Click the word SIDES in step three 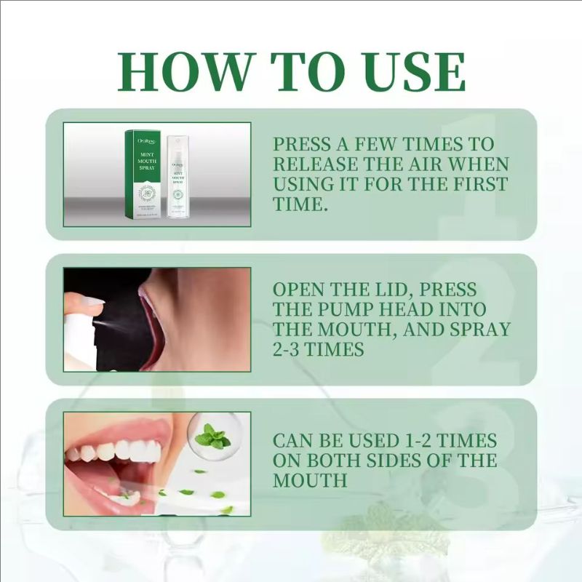tap(381, 461)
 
